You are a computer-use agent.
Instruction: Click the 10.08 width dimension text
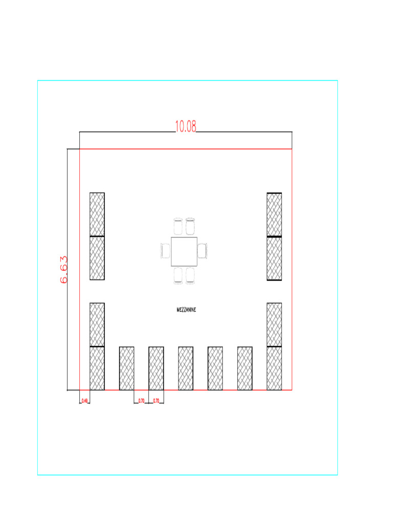[186, 126]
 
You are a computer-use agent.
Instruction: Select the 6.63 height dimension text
[64, 270]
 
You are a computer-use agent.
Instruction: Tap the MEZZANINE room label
[186, 310]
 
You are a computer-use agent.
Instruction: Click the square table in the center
[184, 250]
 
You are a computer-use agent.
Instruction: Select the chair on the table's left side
[165, 251]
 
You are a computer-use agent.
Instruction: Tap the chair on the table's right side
[203, 251]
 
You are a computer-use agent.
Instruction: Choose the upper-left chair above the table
[178, 226]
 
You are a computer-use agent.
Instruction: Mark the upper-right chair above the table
[191, 226]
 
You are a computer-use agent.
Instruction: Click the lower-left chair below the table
[178, 275]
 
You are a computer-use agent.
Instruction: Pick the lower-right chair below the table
[191, 275]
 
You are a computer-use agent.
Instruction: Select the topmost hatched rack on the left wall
[97, 214]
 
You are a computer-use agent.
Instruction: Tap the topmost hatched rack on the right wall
[274, 214]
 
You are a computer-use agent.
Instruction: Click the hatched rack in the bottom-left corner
[97, 368]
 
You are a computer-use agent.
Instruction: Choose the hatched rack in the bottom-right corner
[274, 368]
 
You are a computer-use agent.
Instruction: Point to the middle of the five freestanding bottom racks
[186, 368]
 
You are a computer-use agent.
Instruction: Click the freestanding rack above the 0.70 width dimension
[156, 368]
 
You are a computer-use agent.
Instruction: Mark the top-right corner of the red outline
[292, 149]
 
